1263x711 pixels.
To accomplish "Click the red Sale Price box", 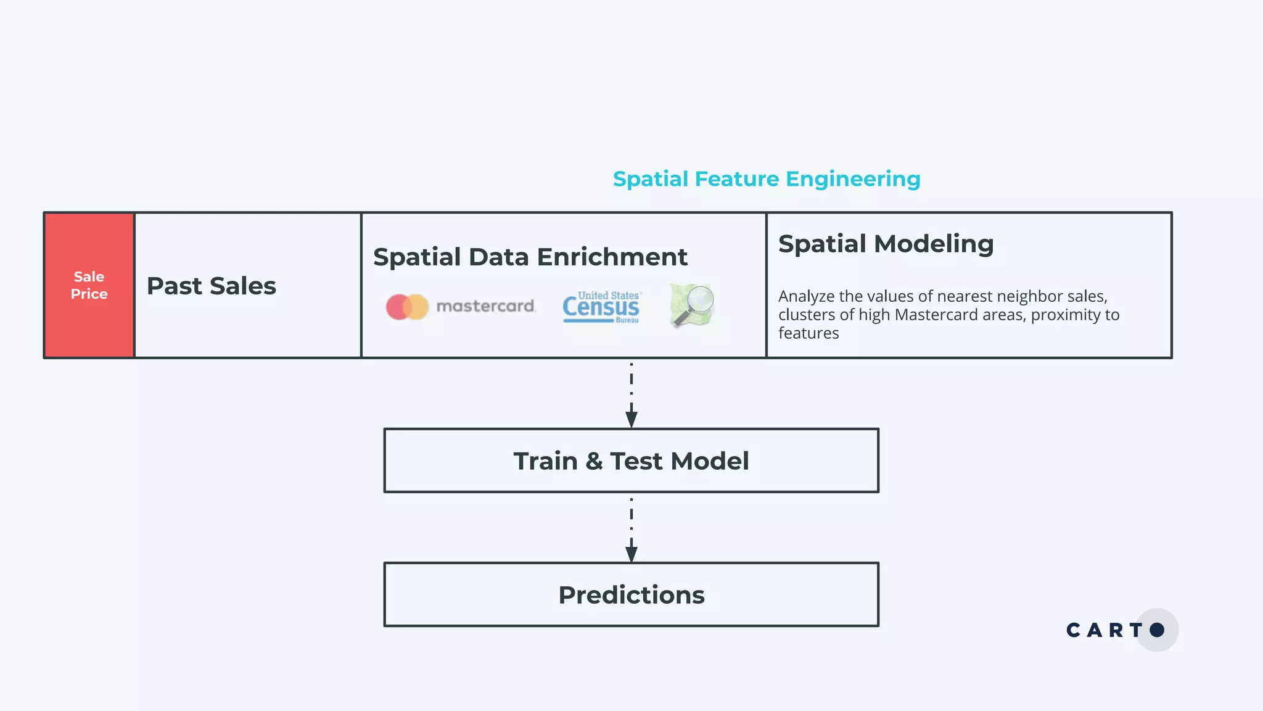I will (89, 285).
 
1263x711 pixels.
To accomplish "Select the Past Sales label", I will (211, 286).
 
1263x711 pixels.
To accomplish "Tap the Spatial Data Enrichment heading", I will (530, 257).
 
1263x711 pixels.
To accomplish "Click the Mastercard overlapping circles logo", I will (407, 307).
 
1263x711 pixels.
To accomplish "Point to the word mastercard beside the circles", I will (485, 306).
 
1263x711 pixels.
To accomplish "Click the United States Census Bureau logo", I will (601, 307).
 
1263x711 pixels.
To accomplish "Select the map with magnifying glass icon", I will (692, 305).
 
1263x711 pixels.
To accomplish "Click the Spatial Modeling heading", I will (886, 244).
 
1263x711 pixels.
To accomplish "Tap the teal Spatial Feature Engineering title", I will (766, 179).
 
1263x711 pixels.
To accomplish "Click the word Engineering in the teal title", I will (853, 179).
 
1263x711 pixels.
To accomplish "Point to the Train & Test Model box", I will (631, 460).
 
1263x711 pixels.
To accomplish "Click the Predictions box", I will (631, 594).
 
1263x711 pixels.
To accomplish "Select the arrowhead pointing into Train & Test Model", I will (631, 420).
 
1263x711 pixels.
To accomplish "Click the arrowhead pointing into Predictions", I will (631, 554).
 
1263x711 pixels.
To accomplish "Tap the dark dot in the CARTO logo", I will (1157, 630).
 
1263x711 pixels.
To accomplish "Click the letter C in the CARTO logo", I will (1074, 630).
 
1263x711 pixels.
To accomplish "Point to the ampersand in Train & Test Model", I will (594, 461).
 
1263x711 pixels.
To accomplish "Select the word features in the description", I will (808, 333).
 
